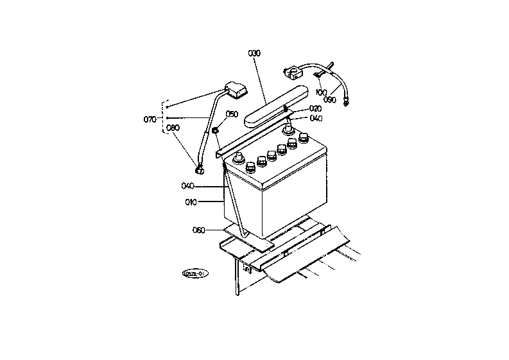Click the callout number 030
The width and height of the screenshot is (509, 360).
pyautogui.click(x=255, y=53)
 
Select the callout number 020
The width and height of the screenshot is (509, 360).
pyautogui.click(x=315, y=108)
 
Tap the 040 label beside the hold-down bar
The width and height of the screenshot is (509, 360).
pyautogui.click(x=315, y=118)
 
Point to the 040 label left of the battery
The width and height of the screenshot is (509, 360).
pyautogui.click(x=187, y=186)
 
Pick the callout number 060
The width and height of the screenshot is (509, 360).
pyautogui.click(x=199, y=229)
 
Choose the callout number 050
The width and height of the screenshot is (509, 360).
pyautogui.click(x=232, y=114)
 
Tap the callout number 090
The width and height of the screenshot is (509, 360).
pyautogui.click(x=330, y=99)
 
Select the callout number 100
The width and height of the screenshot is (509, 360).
pyautogui.click(x=321, y=92)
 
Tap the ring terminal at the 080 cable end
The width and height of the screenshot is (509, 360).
pyautogui.click(x=200, y=170)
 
